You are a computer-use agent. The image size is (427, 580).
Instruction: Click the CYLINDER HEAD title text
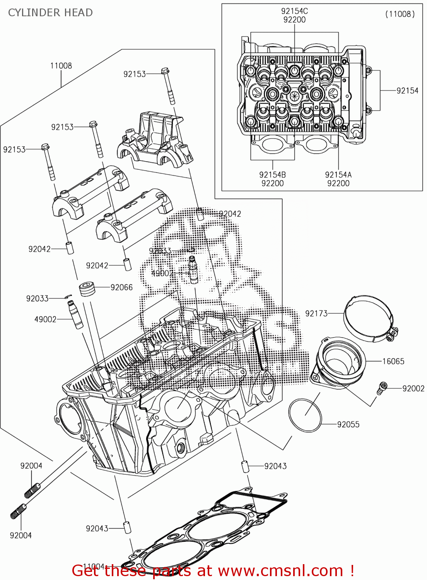point(50,13)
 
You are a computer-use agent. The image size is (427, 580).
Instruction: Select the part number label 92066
point(121,287)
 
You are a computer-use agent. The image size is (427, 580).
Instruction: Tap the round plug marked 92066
point(87,289)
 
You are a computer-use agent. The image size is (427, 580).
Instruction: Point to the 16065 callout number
point(393,361)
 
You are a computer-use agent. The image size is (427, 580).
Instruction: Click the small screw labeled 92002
point(382,388)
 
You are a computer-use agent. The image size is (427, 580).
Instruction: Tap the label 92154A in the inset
point(338,175)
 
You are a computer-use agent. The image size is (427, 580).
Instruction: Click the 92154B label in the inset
point(272,175)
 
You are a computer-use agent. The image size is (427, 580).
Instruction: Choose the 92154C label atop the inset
point(294,11)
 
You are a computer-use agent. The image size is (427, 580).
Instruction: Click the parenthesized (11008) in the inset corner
point(400,14)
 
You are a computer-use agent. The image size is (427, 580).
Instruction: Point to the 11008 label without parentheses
point(61,66)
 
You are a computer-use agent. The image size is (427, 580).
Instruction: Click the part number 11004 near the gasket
point(94,566)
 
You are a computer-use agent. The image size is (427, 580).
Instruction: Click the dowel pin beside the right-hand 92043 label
point(245,466)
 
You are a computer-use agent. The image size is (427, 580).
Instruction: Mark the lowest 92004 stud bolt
point(18,511)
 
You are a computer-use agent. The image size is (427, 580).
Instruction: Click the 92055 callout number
point(348,425)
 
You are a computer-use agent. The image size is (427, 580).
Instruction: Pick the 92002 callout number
point(413,389)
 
